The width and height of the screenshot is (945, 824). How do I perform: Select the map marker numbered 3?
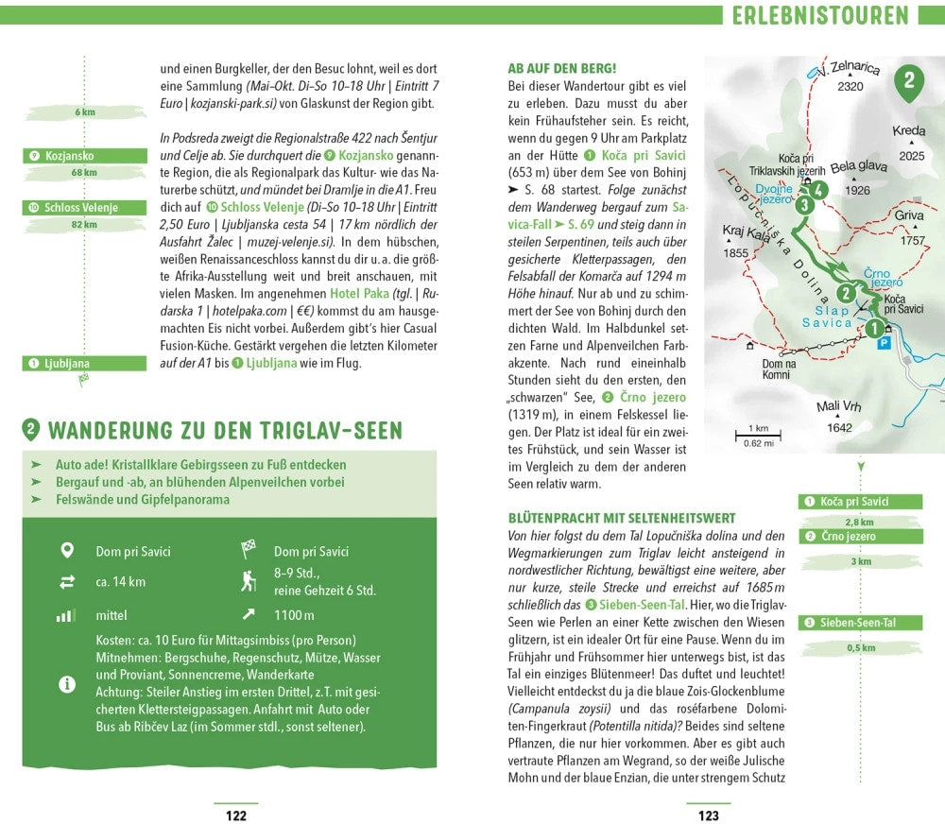804,204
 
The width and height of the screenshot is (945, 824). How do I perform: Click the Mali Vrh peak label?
836,408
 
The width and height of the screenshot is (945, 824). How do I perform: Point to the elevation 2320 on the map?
850,87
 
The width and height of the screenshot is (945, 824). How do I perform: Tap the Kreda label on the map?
909,131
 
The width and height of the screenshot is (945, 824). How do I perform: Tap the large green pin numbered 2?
908,81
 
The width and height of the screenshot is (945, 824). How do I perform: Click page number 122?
235,815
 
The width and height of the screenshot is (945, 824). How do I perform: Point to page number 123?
708,815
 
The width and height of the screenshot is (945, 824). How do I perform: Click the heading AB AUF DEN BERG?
561,68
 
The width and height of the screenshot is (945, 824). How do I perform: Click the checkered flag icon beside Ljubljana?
84,378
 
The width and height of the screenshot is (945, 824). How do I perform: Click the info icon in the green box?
67,684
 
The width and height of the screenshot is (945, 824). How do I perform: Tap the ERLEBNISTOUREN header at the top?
819,16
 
